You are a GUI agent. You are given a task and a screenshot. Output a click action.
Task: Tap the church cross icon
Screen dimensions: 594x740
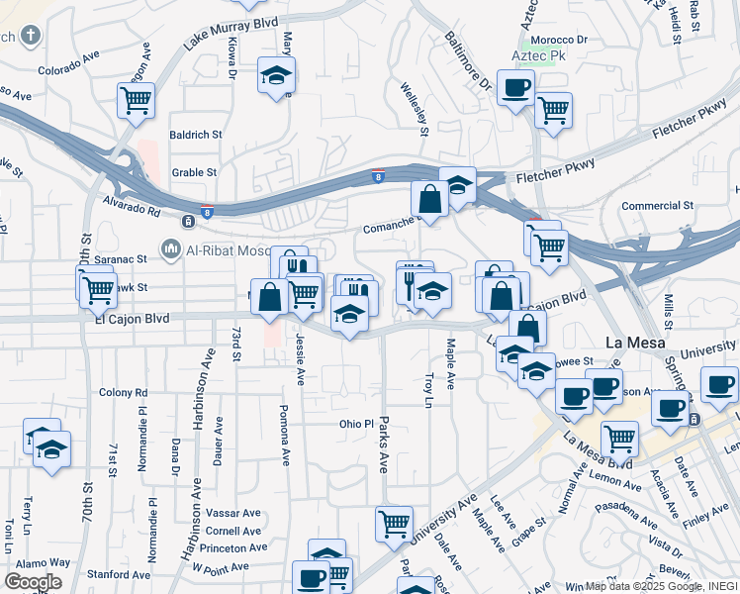pyautogui.click(x=31, y=37)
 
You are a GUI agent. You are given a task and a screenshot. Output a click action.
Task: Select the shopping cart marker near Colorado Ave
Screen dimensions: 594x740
pyautogui.click(x=135, y=99)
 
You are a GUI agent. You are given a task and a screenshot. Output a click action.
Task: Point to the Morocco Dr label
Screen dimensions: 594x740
pyautogui.click(x=559, y=41)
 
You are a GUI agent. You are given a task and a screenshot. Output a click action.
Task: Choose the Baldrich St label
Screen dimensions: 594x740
pyautogui.click(x=196, y=134)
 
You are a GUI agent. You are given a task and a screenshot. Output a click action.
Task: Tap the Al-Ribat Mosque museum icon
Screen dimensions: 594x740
pyautogui.click(x=171, y=247)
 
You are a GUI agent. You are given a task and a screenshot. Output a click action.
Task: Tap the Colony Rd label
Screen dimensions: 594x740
pyautogui.click(x=124, y=392)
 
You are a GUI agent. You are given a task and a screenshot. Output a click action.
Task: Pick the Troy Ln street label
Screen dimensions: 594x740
pyautogui.click(x=428, y=389)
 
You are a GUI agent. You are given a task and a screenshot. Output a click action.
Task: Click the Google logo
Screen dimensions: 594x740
pyautogui.click(x=33, y=582)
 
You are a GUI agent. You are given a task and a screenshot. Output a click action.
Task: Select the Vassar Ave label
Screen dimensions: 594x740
pyautogui.click(x=234, y=513)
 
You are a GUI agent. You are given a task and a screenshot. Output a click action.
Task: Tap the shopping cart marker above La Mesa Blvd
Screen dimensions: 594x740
pyautogui.click(x=619, y=437)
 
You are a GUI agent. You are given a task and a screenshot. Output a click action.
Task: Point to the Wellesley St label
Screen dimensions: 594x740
pyautogui.click(x=415, y=109)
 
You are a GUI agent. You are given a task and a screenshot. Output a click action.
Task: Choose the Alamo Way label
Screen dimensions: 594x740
pyautogui.click(x=44, y=562)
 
